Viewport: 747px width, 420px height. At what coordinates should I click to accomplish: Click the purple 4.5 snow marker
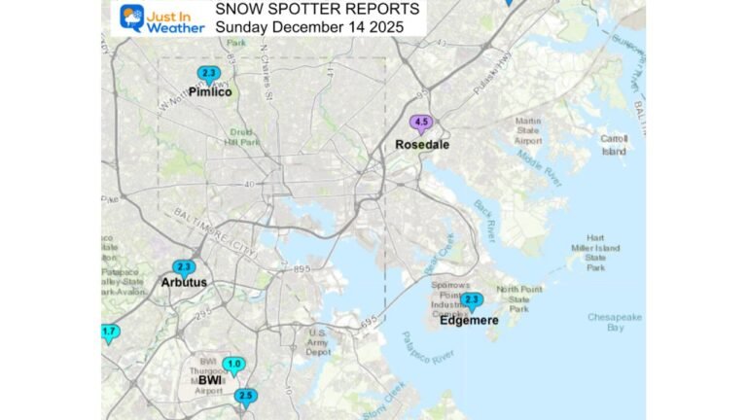tap(421, 123)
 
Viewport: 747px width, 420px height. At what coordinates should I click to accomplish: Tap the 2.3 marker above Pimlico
tap(208, 74)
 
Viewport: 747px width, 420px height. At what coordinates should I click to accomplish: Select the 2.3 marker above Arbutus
tap(184, 267)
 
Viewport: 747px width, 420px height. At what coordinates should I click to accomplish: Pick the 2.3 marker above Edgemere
tap(472, 300)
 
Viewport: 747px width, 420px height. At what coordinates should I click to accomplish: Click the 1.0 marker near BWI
tap(233, 366)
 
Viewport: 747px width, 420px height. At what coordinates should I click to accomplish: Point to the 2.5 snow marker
tap(245, 396)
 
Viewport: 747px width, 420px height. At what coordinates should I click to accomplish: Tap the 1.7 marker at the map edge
tap(108, 332)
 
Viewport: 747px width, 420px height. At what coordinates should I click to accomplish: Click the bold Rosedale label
tap(421, 145)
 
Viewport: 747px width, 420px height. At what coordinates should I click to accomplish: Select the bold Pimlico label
tap(210, 92)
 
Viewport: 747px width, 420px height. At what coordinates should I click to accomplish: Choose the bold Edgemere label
tap(469, 320)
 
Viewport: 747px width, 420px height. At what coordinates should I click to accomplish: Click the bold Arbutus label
tap(184, 283)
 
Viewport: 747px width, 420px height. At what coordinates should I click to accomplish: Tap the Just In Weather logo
tap(160, 18)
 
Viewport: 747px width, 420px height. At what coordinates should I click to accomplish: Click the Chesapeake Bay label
tap(610, 322)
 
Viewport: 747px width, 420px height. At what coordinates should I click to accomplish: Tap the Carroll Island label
tap(613, 145)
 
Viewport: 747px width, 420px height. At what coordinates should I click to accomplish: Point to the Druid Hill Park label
tap(246, 137)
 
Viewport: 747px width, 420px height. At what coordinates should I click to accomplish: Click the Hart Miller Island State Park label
tap(595, 253)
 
